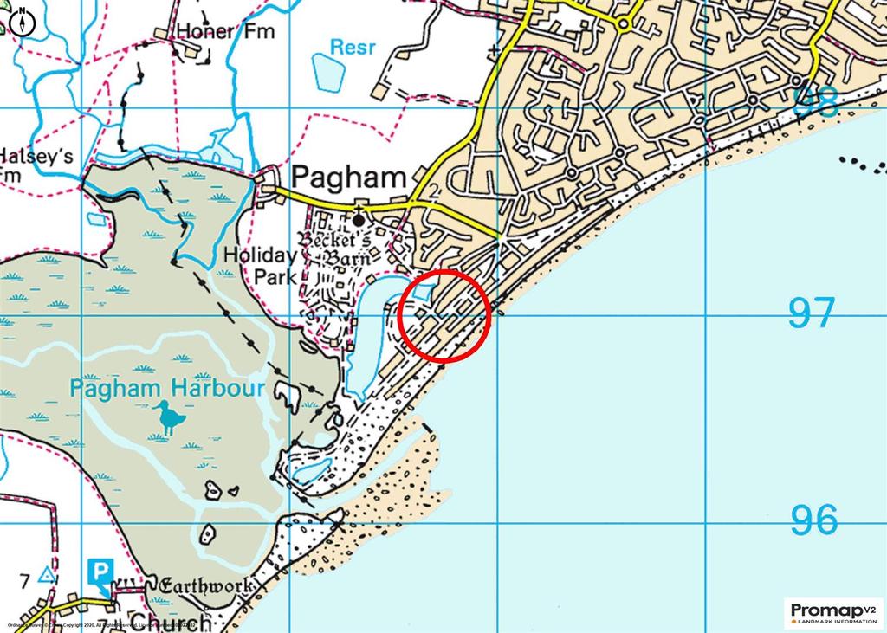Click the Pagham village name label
349,178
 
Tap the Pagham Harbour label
167,387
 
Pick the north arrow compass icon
22,23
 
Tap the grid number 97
812,313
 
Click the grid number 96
814,520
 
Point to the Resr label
353,47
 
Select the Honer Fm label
224,32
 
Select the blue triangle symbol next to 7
47,576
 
